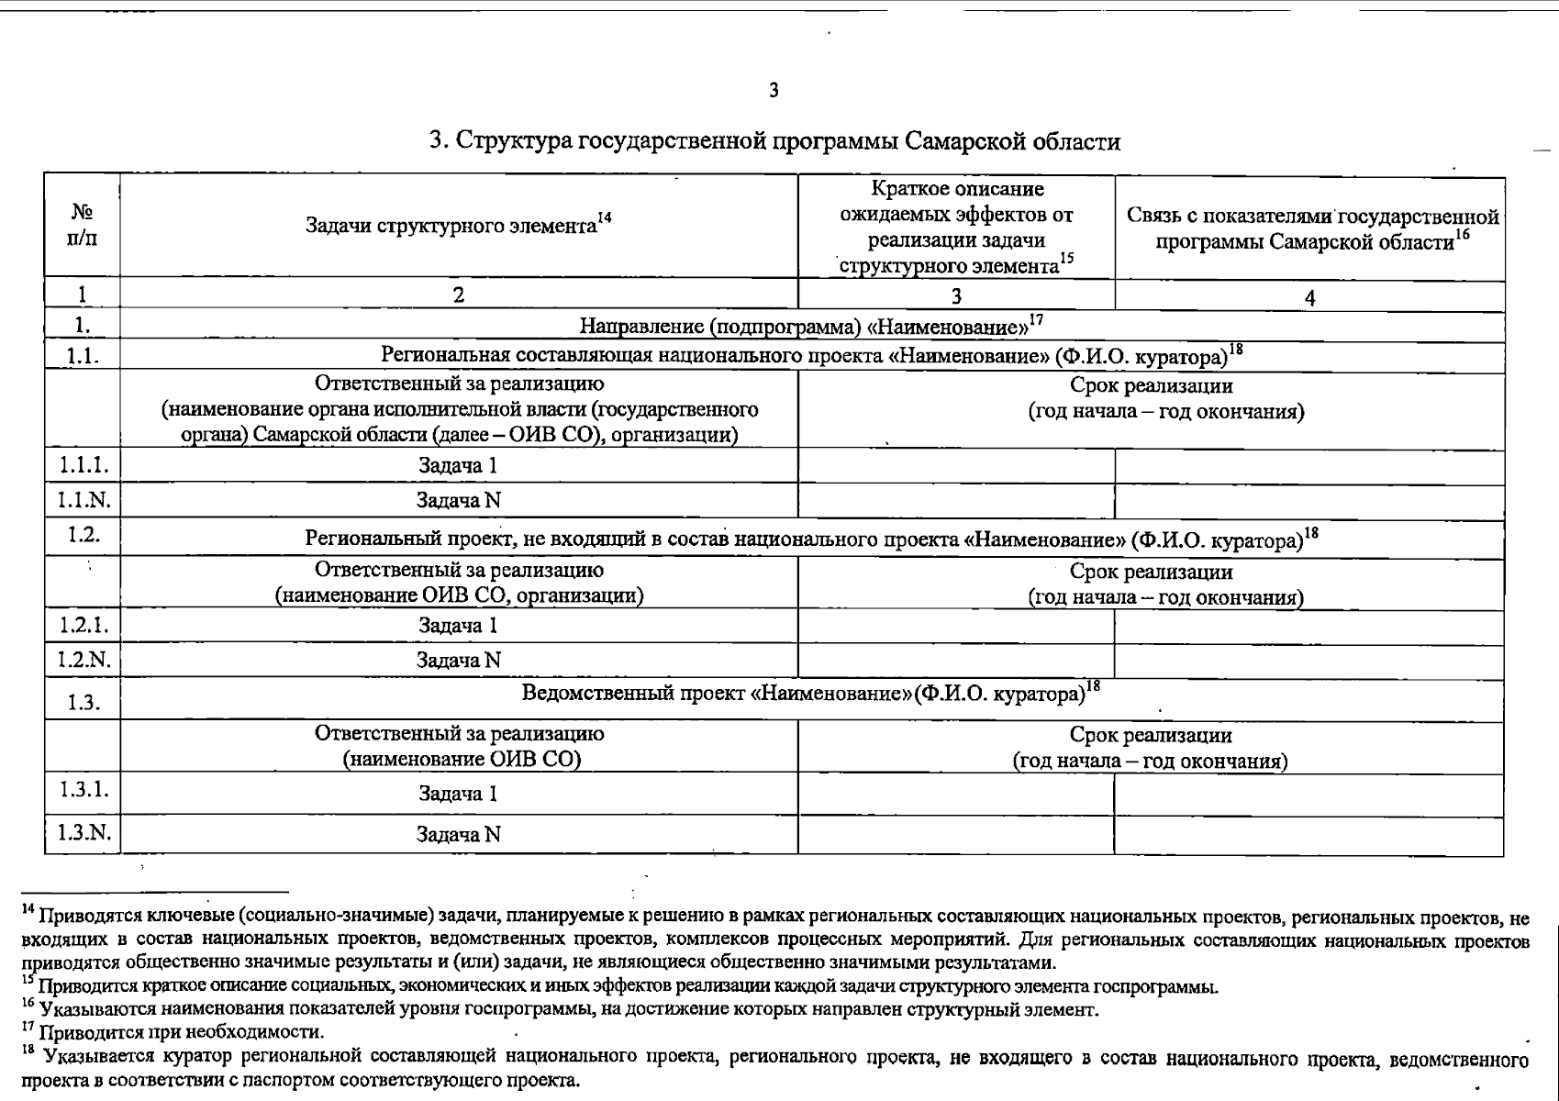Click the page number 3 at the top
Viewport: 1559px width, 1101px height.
click(774, 91)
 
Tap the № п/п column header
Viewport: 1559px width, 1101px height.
click(83, 225)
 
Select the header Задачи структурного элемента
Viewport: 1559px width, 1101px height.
click(451, 226)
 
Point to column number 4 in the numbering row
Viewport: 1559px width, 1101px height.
click(1309, 297)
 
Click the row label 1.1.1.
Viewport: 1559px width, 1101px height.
click(84, 465)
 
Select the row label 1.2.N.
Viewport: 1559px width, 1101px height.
click(84, 660)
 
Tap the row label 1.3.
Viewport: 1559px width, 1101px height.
click(84, 703)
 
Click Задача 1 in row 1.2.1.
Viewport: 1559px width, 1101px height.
click(458, 626)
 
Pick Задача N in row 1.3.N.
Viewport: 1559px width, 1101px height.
click(458, 835)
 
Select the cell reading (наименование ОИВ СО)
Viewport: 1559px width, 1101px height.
click(462, 760)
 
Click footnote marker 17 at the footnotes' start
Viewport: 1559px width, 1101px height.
click(28, 1027)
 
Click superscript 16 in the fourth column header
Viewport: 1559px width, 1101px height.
click(1463, 237)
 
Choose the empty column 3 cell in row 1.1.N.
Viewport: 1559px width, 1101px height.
click(956, 501)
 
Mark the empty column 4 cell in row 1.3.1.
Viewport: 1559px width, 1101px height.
click(1308, 795)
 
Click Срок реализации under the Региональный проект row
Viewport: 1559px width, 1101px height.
click(1151, 573)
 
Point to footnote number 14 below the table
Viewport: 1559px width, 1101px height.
click(28, 910)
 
